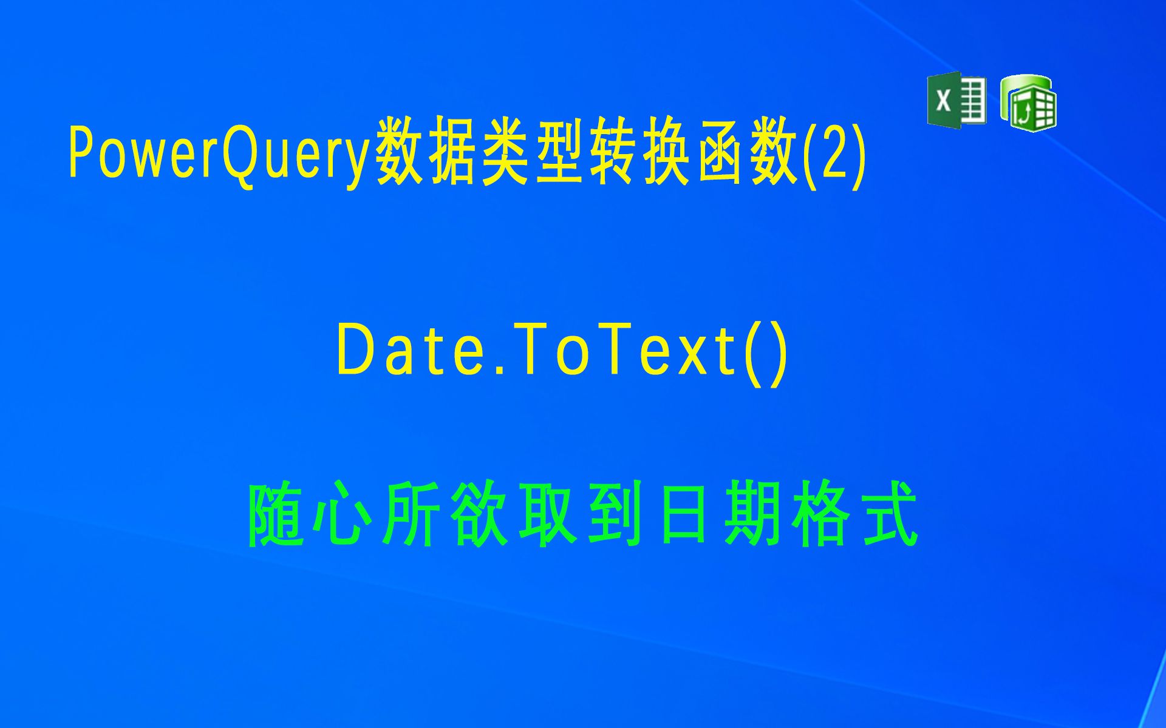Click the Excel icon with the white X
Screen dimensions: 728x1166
pyautogui.click(x=956, y=100)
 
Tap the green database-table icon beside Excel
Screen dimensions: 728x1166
pyautogui.click(x=1029, y=103)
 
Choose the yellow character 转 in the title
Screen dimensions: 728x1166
pyautogui.click(x=613, y=152)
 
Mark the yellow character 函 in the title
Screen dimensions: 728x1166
pyautogui.click(x=720, y=152)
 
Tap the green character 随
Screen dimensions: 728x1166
pyautogui.click(x=276, y=514)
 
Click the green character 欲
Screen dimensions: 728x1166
pyautogui.click(x=480, y=514)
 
